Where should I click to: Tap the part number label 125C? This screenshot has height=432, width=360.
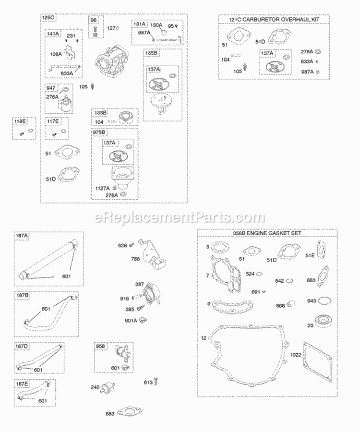tap(48, 18)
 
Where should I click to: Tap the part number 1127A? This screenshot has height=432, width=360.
tap(103, 188)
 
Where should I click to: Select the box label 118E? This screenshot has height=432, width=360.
tap(19, 122)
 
